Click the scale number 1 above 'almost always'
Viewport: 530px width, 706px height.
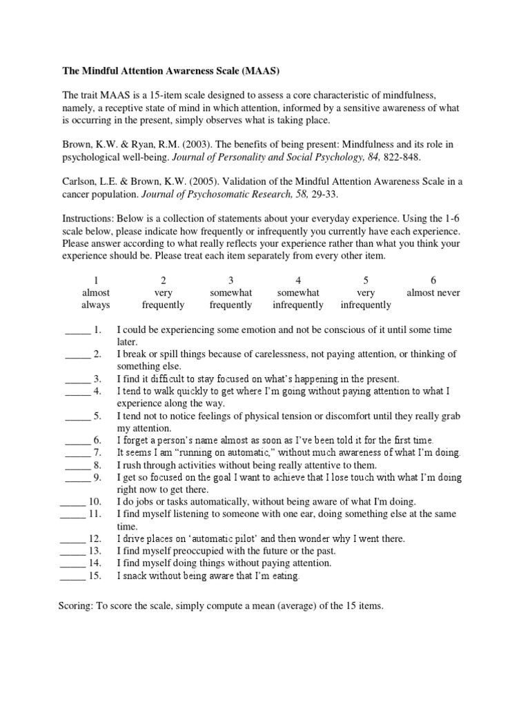[96, 280]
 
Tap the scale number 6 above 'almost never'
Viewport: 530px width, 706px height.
[433, 280]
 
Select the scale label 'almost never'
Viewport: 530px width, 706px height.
[433, 292]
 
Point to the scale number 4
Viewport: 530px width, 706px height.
[298, 280]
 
